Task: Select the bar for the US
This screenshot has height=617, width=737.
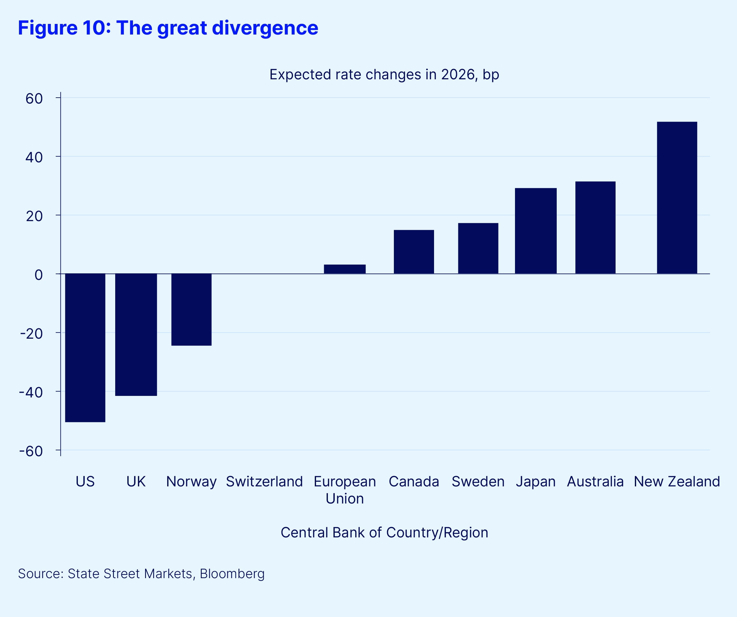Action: coord(85,347)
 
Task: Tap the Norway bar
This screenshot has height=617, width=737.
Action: coord(191,309)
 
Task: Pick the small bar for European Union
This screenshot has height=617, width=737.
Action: coord(345,269)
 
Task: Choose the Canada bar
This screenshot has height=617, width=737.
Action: coord(414,252)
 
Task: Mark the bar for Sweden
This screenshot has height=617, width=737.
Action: coord(478,248)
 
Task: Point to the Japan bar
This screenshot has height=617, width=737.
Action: coord(536,231)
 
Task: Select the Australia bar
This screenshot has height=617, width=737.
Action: coord(595,228)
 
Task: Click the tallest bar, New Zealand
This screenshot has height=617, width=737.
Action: coord(677,198)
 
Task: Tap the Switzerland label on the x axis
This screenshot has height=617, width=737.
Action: coord(264,482)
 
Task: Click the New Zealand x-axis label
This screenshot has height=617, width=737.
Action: coord(677,482)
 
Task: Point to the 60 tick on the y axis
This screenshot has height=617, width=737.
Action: coord(34,99)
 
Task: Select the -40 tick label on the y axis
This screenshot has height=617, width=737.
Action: coord(31,392)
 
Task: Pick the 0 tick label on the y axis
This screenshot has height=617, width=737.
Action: coord(39,275)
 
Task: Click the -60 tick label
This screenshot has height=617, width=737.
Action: coord(31,451)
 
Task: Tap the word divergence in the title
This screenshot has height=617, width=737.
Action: coord(265,28)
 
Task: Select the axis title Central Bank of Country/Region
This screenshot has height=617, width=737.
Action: coord(384,532)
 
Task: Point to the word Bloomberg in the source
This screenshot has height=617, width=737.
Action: coord(232,573)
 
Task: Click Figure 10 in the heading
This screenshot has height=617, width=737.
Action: coord(64,28)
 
